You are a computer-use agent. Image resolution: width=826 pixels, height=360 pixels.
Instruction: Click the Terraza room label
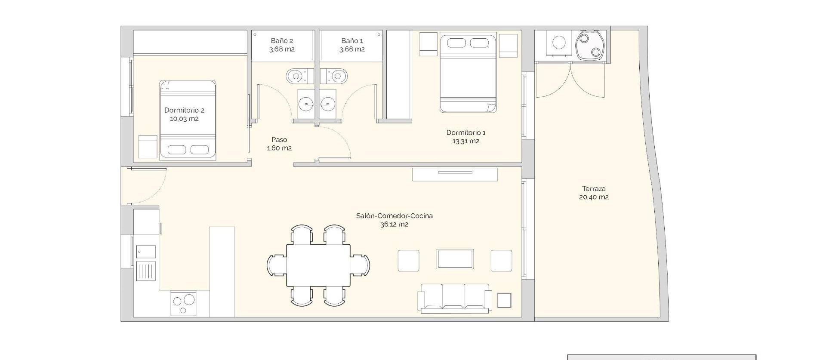(594, 188)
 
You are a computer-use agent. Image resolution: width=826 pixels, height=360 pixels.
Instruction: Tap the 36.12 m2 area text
(394, 224)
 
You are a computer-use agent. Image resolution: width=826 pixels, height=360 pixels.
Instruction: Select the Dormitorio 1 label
(465, 132)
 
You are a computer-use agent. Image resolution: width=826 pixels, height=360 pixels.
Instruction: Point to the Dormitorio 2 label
(184, 110)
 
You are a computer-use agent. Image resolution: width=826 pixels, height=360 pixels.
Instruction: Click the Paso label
(279, 139)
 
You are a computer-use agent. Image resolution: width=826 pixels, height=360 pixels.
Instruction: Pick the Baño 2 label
(282, 40)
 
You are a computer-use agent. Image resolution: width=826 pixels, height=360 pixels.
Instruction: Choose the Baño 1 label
(352, 40)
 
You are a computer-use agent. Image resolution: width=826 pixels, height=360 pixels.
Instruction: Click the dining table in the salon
(318, 265)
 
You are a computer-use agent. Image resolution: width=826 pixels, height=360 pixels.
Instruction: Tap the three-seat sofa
(455, 297)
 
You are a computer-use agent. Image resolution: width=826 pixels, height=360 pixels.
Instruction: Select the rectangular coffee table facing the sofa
(455, 259)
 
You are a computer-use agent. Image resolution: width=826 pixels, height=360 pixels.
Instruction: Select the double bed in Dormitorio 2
(187, 120)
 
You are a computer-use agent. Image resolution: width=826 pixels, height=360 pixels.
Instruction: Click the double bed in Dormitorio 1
(468, 73)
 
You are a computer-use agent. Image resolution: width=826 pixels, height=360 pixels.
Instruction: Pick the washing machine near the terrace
(559, 43)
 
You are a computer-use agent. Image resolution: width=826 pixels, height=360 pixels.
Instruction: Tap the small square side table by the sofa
(504, 300)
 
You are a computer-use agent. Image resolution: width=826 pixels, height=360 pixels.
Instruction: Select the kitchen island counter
(222, 272)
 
